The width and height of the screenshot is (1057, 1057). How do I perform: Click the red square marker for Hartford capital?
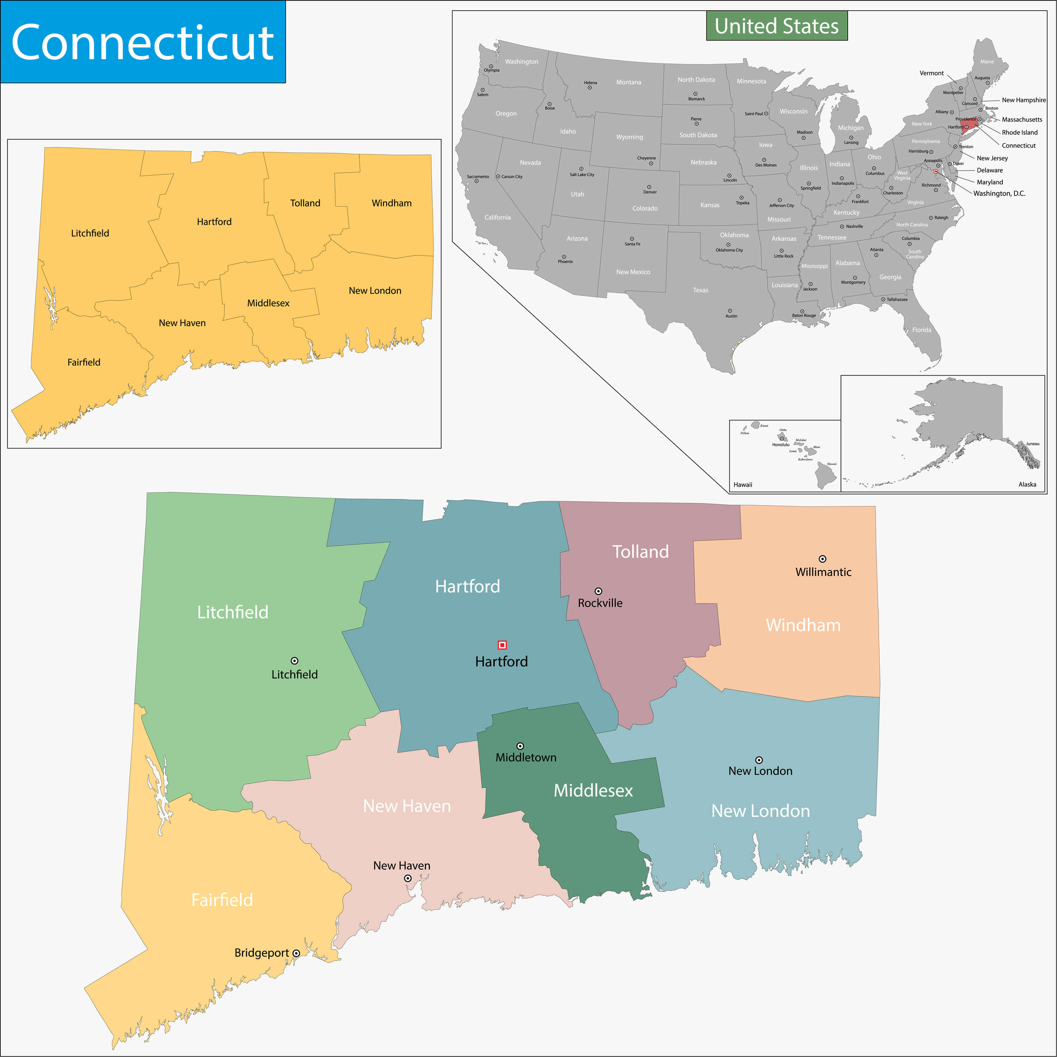pos(502,645)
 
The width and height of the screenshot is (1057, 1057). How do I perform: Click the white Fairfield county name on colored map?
pos(222,900)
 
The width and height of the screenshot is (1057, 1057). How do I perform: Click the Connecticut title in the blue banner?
pos(142,42)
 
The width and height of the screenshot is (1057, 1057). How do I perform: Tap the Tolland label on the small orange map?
pos(305,203)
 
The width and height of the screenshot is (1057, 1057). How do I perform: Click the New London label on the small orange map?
pos(375,291)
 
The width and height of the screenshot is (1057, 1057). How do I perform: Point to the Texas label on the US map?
pos(700,290)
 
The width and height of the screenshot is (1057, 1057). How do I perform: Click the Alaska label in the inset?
pos(1027,484)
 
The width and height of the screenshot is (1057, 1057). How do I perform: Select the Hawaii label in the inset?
pos(742,485)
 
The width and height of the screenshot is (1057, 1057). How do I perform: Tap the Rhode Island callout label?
pos(1019,132)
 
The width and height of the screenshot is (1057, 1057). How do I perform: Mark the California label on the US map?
pos(497,217)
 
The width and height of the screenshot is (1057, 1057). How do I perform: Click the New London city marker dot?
pos(759,760)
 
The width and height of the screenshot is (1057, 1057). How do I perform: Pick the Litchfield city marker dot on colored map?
pos(294,661)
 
